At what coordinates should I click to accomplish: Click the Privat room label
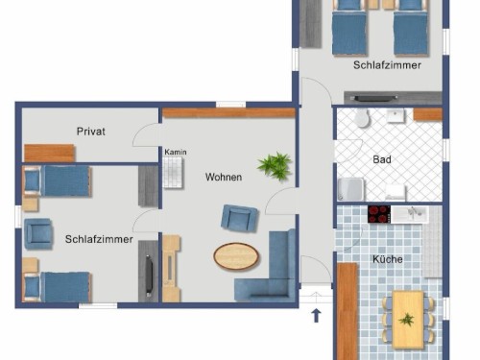(91, 132)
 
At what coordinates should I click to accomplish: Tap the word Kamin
(176, 152)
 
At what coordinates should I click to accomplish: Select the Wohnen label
(224, 177)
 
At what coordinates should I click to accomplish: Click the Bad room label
(382, 159)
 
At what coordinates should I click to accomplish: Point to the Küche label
(388, 259)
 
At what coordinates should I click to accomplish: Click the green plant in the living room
(275, 165)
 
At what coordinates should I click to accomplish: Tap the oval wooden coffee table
(236, 256)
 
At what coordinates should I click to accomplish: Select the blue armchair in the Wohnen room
(239, 218)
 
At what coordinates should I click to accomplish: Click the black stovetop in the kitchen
(379, 214)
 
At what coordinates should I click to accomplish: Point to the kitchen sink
(410, 214)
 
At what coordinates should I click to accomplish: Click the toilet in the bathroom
(362, 117)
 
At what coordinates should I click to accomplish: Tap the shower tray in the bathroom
(351, 189)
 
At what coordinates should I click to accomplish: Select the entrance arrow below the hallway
(316, 315)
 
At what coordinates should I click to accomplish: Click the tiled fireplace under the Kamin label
(173, 173)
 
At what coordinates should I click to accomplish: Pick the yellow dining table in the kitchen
(408, 320)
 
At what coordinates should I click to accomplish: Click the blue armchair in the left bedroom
(38, 234)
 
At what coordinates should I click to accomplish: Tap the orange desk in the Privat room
(49, 154)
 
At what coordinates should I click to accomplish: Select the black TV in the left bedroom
(149, 276)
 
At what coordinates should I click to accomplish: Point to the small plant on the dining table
(407, 320)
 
